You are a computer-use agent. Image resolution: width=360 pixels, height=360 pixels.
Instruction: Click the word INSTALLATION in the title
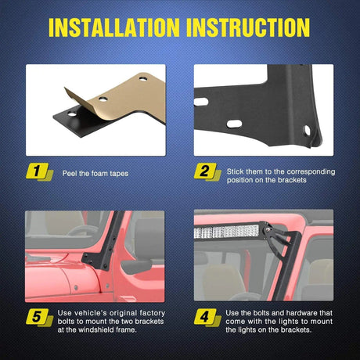pos(114,27)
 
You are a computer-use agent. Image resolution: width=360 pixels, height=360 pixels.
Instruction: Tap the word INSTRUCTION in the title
pos(248,27)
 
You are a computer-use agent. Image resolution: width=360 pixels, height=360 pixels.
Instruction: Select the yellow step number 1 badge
pos(39,171)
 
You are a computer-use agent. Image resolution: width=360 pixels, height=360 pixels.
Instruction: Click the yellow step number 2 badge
pos(207,171)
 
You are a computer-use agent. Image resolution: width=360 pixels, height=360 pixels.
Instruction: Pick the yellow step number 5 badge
pos(39,318)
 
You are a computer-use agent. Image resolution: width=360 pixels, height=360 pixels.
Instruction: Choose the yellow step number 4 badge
pos(207,318)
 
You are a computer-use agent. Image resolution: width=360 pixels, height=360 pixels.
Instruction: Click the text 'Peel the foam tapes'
pos(95,174)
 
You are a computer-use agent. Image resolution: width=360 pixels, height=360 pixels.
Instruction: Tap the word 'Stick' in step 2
pos(236,171)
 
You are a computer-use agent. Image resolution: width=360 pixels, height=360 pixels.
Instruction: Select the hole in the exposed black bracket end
pos(72,114)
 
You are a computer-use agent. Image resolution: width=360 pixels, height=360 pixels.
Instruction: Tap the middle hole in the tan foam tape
pos(103,99)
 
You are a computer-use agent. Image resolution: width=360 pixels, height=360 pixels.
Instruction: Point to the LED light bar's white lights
pos(226,232)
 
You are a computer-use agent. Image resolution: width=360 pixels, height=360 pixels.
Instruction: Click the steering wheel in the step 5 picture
pos(82,231)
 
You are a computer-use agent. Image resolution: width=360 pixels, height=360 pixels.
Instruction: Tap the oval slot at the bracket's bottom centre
pos(234,124)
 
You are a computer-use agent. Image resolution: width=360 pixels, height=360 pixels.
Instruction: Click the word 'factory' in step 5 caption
pos(153,313)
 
